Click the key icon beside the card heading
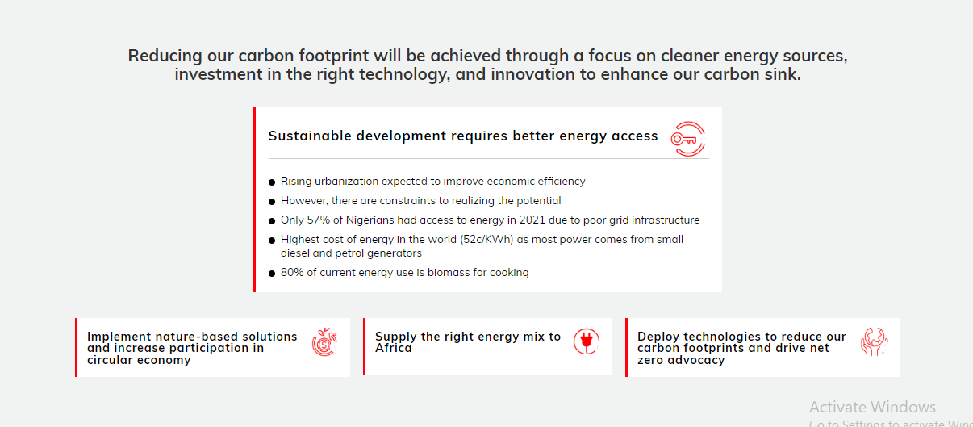coord(688,139)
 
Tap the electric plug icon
coord(587,341)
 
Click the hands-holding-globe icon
coord(875,341)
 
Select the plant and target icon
coord(324,342)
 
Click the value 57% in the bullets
coord(319,220)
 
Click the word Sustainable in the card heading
coord(310,136)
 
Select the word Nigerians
coord(370,220)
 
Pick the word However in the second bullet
coord(303,201)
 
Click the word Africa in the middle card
coord(393,348)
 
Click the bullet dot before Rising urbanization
coord(272,182)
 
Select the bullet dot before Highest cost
coord(272,241)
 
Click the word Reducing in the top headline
coord(165,56)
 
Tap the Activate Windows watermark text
coord(872,407)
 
